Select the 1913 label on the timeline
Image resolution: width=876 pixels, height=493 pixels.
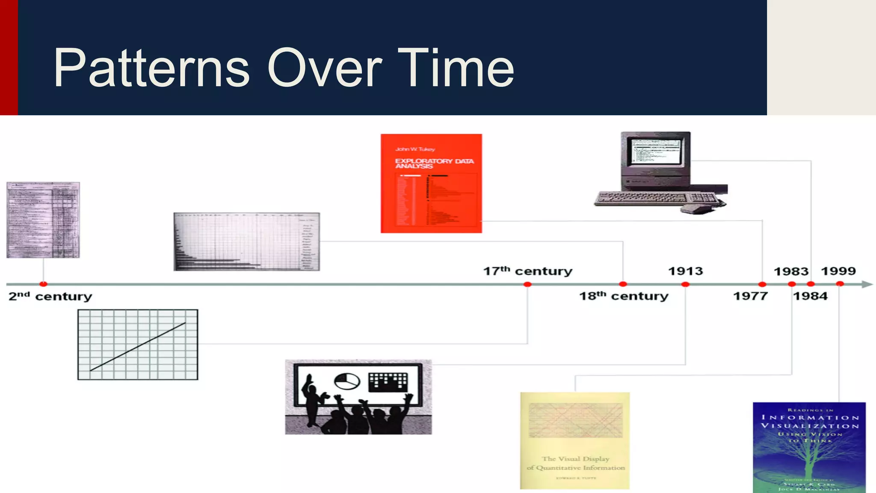(686, 271)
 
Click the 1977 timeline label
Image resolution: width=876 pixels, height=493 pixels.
(750, 296)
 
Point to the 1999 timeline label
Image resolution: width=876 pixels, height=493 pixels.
(838, 271)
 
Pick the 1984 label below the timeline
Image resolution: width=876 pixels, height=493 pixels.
(810, 296)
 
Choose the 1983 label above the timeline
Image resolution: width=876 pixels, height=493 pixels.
(791, 271)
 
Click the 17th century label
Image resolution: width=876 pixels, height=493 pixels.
(527, 271)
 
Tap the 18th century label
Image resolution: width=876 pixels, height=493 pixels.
(624, 296)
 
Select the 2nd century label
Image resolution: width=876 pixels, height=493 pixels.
(50, 296)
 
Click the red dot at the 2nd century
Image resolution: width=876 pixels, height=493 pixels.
(43, 284)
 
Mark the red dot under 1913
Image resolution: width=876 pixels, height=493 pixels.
(685, 284)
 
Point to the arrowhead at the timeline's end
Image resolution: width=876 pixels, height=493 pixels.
(867, 284)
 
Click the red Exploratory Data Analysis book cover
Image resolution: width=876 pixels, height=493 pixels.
(431, 184)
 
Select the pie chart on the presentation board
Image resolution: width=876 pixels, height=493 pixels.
(346, 381)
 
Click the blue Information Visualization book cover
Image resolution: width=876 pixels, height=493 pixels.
(809, 447)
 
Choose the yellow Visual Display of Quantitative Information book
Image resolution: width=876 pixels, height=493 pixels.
(575, 440)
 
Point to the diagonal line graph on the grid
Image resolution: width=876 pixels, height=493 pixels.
(138, 346)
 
